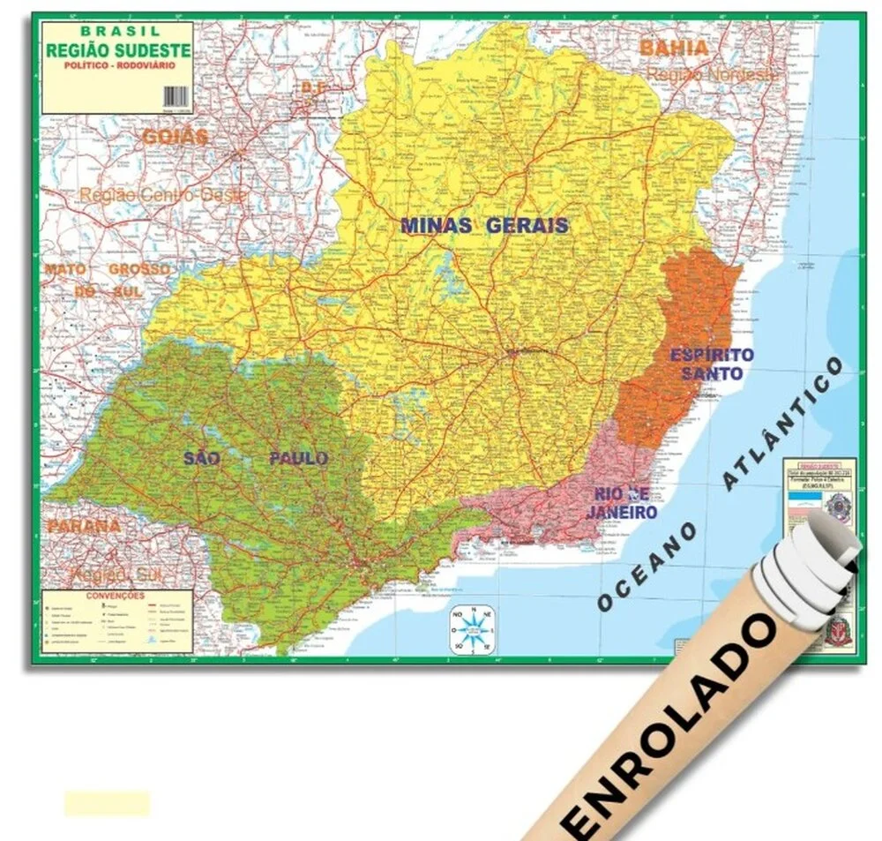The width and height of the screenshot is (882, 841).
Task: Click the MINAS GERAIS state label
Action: pos(484,225)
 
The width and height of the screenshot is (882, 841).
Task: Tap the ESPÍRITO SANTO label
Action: pos(712,364)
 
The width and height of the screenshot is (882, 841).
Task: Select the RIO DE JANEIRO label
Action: pos(624,503)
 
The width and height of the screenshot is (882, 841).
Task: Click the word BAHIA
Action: pos(674,48)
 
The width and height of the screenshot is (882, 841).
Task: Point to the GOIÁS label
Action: pos(175,137)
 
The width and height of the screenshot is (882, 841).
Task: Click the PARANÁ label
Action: pos(83,525)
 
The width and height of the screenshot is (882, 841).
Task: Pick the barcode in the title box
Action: pos(178,98)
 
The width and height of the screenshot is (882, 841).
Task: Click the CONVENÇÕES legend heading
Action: pos(115,596)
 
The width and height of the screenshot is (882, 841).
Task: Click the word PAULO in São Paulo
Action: pos(298,458)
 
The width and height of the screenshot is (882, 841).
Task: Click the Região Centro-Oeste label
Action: pos(162,195)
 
